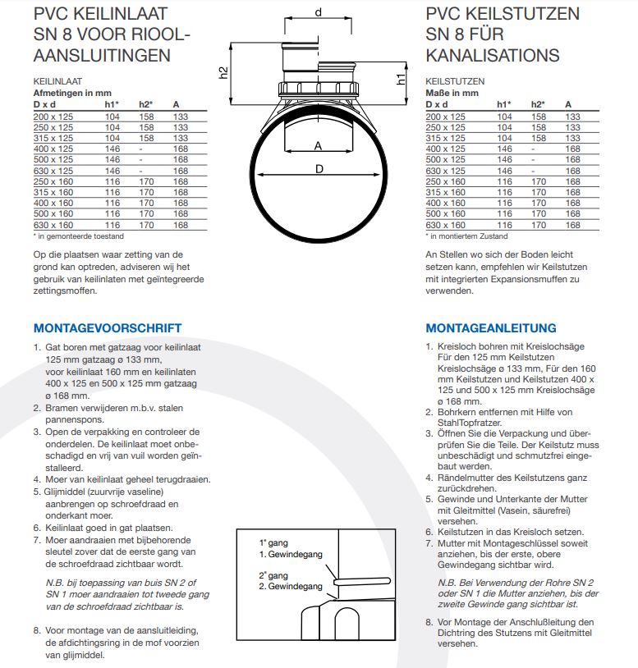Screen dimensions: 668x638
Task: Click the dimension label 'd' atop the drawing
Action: coord(318,11)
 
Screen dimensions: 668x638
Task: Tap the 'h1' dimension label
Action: coord(402,79)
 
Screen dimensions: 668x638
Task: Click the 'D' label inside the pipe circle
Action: coord(318,169)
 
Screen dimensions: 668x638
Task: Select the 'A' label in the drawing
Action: coord(318,145)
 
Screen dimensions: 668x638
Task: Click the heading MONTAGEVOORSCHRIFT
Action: coord(108,328)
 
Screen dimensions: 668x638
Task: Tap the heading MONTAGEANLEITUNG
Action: coord(490,328)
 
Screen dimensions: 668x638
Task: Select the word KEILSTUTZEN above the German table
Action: coord(455,82)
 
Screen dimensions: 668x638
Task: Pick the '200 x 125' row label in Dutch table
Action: coord(53,117)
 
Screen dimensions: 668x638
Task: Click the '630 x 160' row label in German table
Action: coord(445,225)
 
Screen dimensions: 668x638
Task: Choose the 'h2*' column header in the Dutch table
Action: coord(146,105)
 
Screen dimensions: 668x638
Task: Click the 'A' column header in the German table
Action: coord(568,105)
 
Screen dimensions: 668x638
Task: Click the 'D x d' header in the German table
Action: coord(437,105)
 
